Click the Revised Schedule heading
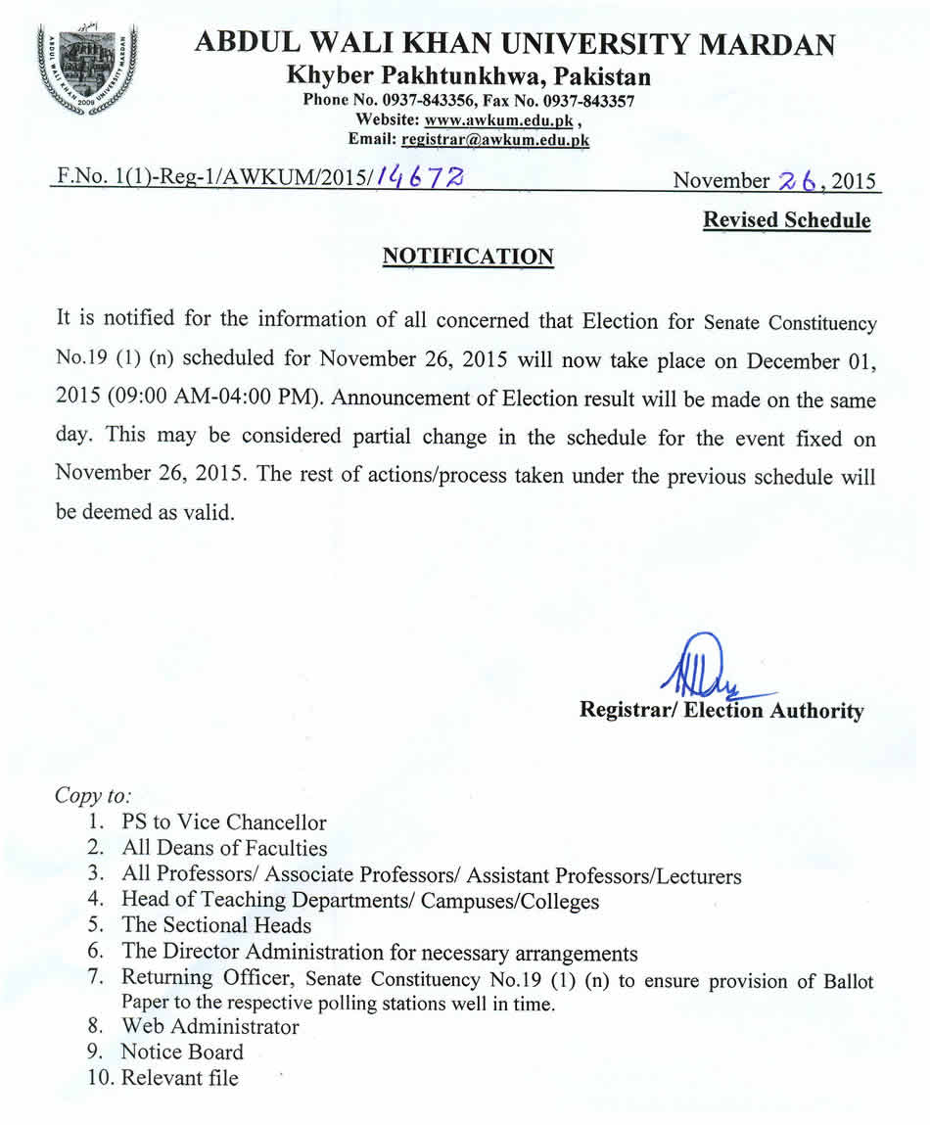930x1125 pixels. pos(786,220)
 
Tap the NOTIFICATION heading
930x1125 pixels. pos(467,257)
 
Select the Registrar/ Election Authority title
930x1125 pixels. pos(721,711)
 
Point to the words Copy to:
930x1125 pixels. pos(93,794)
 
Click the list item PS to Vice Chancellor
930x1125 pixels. pos(223,822)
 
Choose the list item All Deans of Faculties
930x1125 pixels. pos(224,848)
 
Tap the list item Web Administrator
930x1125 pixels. pos(209,1026)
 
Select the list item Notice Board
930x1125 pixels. pos(181,1052)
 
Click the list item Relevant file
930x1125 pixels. pos(179,1078)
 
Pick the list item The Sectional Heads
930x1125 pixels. pos(216,924)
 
